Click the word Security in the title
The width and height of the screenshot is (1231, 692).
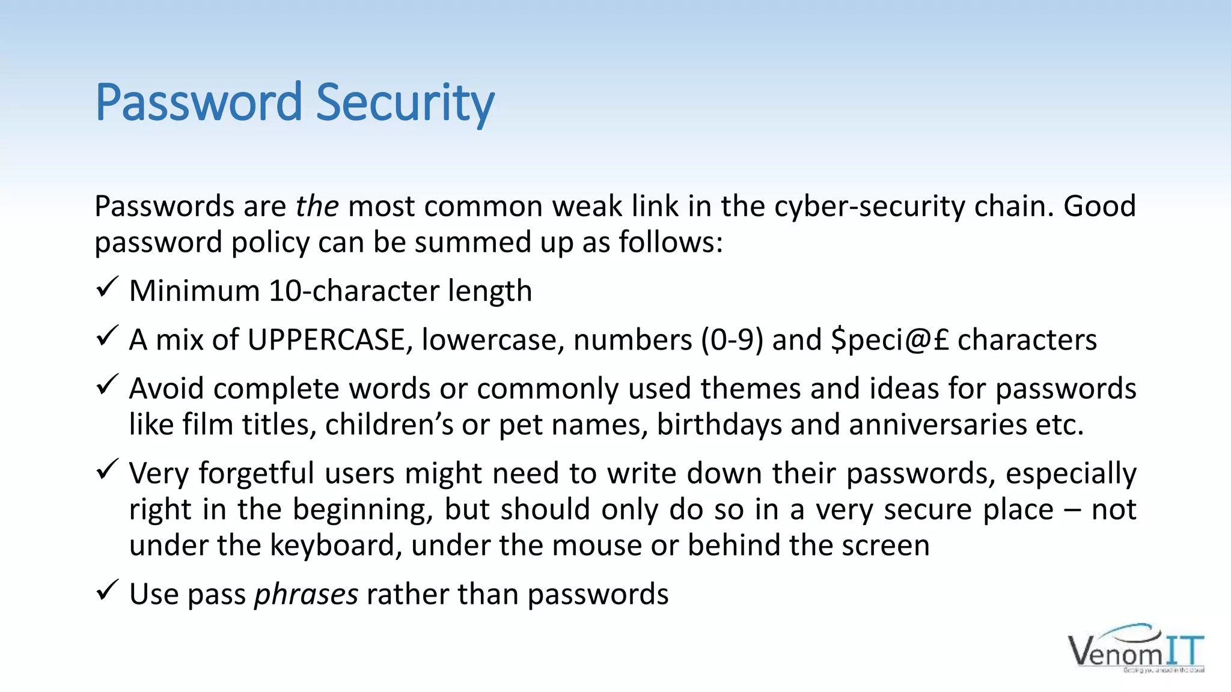pyautogui.click(x=405, y=103)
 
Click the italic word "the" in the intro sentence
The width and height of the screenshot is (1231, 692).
pyautogui.click(x=317, y=206)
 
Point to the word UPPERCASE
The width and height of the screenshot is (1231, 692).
pyautogui.click(x=326, y=340)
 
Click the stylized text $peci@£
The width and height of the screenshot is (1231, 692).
pyautogui.click(x=890, y=340)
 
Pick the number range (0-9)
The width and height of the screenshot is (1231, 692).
pyautogui.click(x=732, y=340)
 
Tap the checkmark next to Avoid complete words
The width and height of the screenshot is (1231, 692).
pyautogui.click(x=106, y=385)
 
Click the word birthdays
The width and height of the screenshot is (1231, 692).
pyautogui.click(x=719, y=425)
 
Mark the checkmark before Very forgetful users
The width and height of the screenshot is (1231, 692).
pyautogui.click(x=106, y=470)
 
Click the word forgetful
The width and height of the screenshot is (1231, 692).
pyautogui.click(x=257, y=473)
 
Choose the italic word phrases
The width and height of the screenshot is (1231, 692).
pyautogui.click(x=306, y=595)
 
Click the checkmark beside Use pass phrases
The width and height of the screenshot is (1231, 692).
pyautogui.click(x=106, y=590)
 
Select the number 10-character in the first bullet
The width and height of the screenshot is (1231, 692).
pyautogui.click(x=345, y=291)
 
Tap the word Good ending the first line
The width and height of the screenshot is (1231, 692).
pyautogui.click(x=1099, y=206)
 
